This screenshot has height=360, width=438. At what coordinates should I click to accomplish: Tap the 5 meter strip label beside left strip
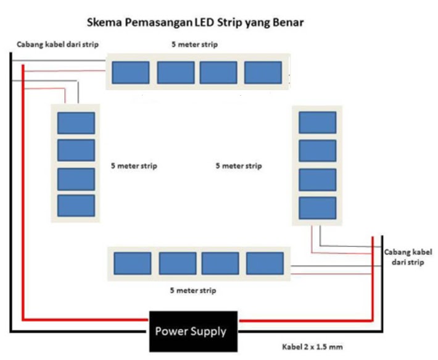click(134, 166)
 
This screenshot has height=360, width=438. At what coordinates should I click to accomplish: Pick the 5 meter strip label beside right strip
click(238, 166)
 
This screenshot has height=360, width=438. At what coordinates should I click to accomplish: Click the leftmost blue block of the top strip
click(130, 72)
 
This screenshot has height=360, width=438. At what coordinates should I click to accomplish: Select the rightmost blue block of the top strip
click(263, 72)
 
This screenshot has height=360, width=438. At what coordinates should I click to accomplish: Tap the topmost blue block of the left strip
click(76, 123)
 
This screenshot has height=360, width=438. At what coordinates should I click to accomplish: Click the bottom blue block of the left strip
click(76, 206)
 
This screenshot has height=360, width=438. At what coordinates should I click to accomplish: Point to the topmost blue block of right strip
click(317, 122)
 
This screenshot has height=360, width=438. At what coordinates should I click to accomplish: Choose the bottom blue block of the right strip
click(317, 207)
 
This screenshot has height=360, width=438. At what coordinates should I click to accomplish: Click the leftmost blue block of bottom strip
click(133, 263)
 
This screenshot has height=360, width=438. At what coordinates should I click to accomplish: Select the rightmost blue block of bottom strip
click(265, 263)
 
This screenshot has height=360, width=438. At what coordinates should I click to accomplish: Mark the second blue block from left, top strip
click(175, 72)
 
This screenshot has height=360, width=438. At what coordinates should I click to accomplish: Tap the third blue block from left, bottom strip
click(220, 263)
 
